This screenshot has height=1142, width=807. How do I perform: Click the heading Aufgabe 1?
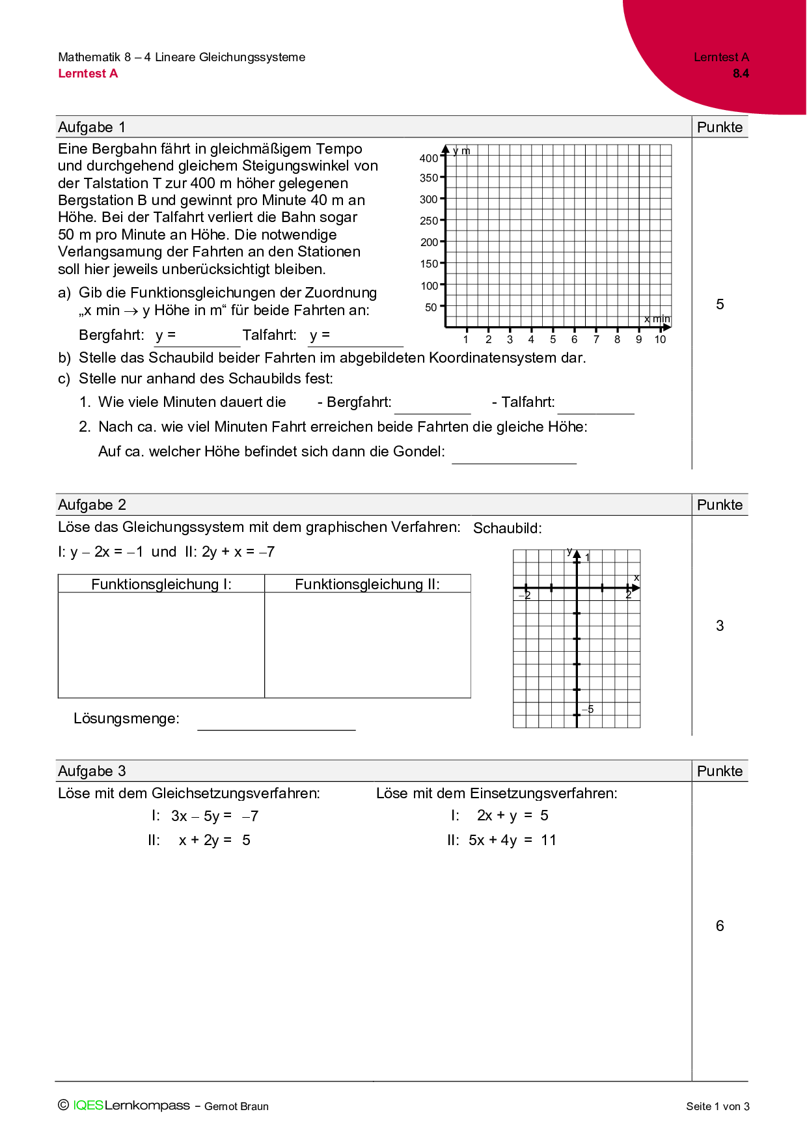pyautogui.click(x=92, y=127)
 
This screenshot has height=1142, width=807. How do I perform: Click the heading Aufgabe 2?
pyautogui.click(x=92, y=505)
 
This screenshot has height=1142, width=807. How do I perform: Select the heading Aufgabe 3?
pyautogui.click(x=92, y=771)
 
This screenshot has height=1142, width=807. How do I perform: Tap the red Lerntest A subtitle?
pyautogui.click(x=88, y=74)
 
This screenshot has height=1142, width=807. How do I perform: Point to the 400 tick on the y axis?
pyautogui.click(x=429, y=158)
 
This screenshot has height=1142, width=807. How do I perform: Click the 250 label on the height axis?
pyautogui.click(x=429, y=221)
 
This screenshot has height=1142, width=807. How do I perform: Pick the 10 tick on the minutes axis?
pyautogui.click(x=660, y=339)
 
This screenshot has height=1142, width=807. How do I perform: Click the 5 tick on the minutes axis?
pyautogui.click(x=553, y=339)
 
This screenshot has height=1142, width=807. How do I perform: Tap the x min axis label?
pyautogui.click(x=657, y=318)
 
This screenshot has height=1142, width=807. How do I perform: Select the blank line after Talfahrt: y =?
pyautogui.click(x=364, y=339)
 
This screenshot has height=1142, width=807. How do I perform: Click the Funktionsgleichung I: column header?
pyautogui.click(x=161, y=584)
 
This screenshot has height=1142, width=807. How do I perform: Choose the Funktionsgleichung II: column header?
pyautogui.click(x=367, y=584)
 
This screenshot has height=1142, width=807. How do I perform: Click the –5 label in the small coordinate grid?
pyautogui.click(x=588, y=709)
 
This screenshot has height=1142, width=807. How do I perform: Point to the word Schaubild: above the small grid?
pyautogui.click(x=507, y=528)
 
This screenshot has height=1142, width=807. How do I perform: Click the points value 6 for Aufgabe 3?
pyautogui.click(x=720, y=926)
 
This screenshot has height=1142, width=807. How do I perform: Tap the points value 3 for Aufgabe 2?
pyautogui.click(x=720, y=626)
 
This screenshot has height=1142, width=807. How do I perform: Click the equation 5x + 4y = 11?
pyautogui.click(x=512, y=840)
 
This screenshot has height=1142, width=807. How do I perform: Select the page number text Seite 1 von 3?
pyautogui.click(x=717, y=1106)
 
